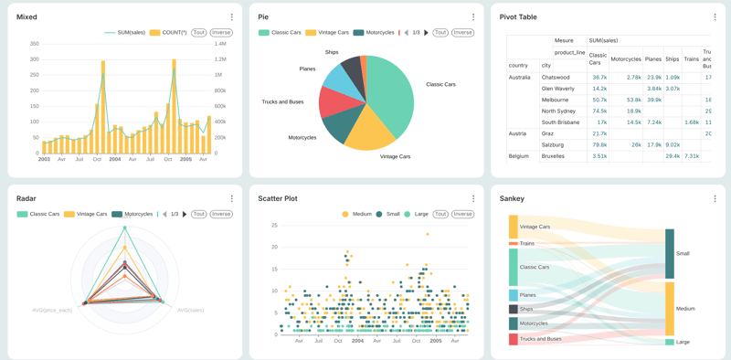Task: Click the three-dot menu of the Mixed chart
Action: [232, 17]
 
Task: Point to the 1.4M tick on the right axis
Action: [220, 44]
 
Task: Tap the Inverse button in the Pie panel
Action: [462, 33]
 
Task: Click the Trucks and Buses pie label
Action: [282, 102]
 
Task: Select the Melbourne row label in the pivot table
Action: [555, 100]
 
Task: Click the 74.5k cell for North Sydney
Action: [599, 111]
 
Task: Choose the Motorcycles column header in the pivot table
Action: [626, 59]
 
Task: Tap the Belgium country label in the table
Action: [519, 156]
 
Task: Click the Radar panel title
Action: [26, 198]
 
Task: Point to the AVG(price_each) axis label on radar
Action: [53, 310]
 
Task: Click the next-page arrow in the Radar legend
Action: [185, 215]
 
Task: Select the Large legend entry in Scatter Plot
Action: [418, 214]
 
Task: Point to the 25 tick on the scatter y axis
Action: [273, 226]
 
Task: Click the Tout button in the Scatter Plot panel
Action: [440, 214]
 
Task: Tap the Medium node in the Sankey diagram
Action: [670, 309]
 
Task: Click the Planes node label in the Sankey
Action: [528, 295]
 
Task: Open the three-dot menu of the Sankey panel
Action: [715, 198]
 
